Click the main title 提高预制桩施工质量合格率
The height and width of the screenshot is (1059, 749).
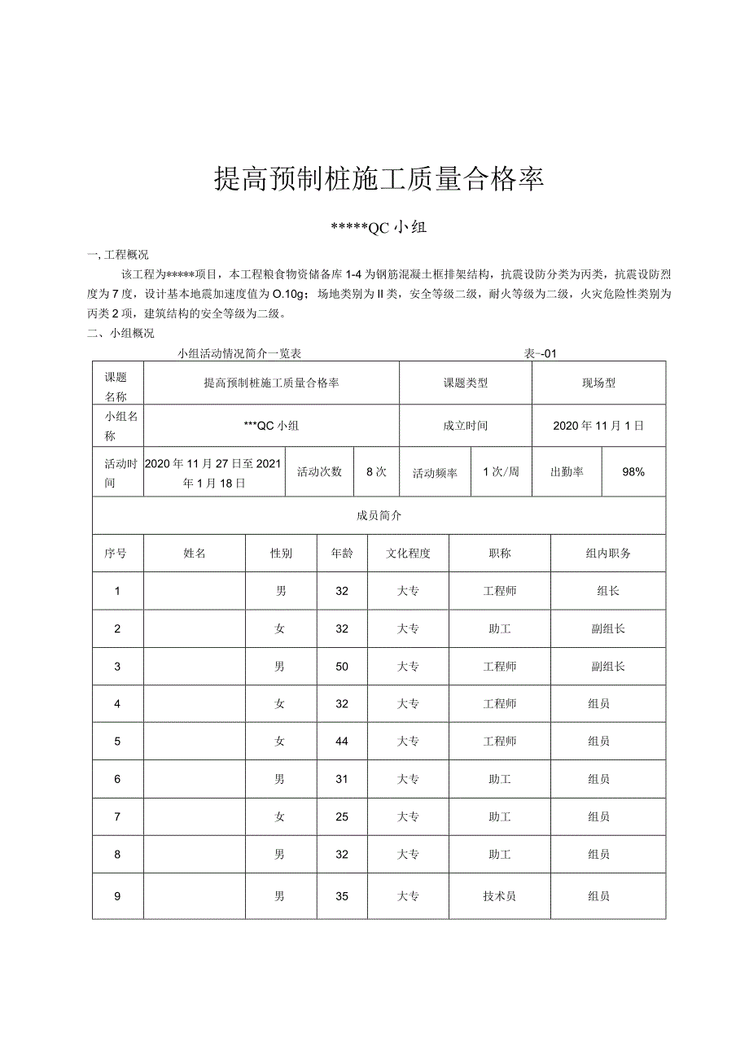[379, 179]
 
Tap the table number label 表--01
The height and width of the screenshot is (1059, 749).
[539, 353]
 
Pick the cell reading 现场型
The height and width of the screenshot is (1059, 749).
[598, 383]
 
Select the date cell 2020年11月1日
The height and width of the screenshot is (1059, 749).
[598, 425]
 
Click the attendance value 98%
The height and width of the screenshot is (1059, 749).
[633, 471]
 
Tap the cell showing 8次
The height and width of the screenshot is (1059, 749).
[376, 471]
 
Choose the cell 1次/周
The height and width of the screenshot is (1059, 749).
[501, 471]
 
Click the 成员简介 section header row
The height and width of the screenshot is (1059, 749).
[379, 515]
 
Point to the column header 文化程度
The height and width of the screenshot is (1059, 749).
[408, 554]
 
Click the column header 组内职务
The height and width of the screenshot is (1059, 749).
[607, 554]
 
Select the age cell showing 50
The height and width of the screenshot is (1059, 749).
[342, 667]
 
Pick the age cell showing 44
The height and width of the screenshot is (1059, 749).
[342, 742]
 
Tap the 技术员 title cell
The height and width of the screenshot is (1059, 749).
[499, 896]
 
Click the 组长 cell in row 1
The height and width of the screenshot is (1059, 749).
[607, 591]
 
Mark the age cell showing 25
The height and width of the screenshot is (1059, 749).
[342, 816]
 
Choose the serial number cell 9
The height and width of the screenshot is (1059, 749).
[117, 896]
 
